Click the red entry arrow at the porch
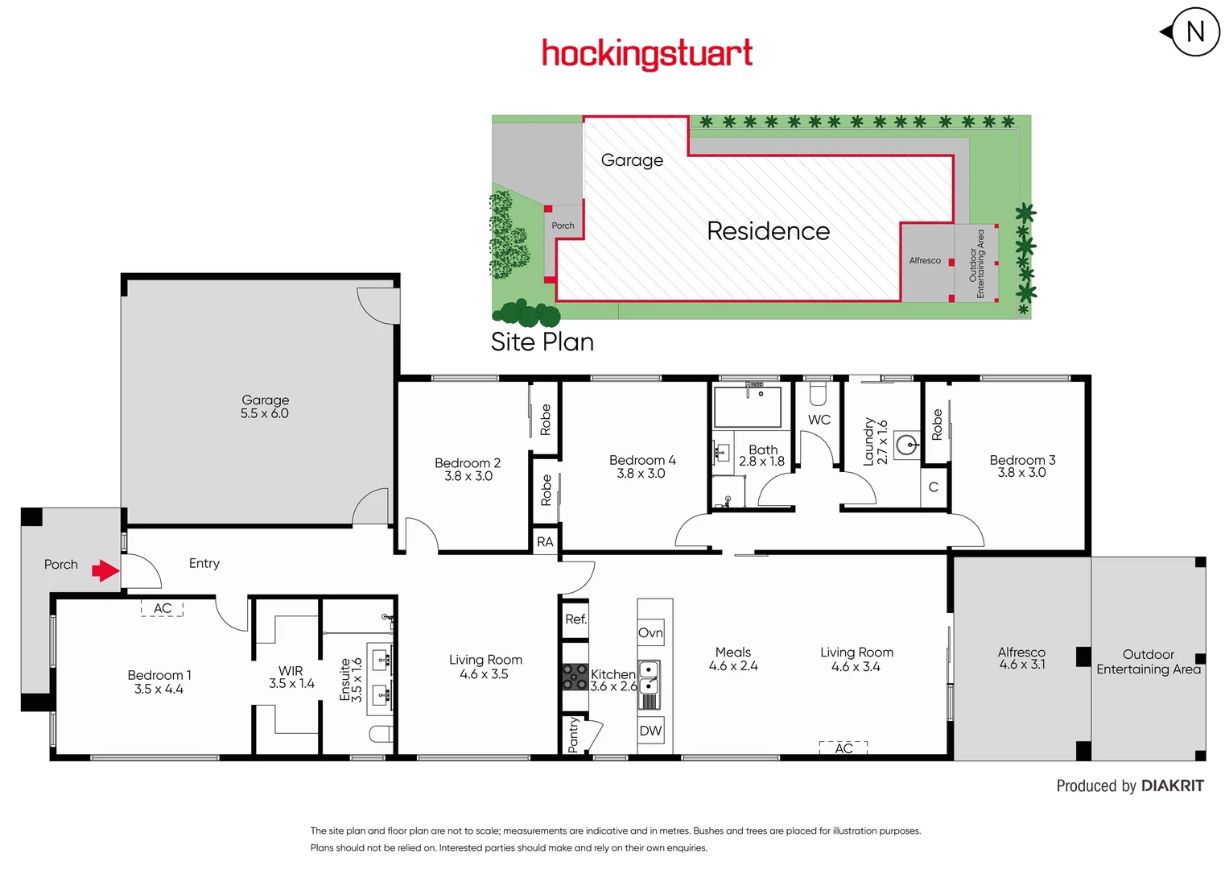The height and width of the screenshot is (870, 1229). pyautogui.click(x=105, y=571)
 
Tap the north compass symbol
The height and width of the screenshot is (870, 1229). pyautogui.click(x=1194, y=32)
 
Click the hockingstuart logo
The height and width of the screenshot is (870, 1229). pyautogui.click(x=647, y=54)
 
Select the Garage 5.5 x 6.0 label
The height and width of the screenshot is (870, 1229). pyautogui.click(x=265, y=407)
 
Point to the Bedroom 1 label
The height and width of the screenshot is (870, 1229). pyautogui.click(x=159, y=681)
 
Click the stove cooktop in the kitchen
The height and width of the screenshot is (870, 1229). pyautogui.click(x=575, y=677)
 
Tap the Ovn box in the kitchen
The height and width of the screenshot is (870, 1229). pyautogui.click(x=650, y=633)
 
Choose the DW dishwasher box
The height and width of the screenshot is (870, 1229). pyautogui.click(x=650, y=731)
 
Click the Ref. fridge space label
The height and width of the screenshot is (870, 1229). pyautogui.click(x=575, y=619)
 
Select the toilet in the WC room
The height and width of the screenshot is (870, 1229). pyautogui.click(x=818, y=394)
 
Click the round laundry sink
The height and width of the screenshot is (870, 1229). pyautogui.click(x=907, y=444)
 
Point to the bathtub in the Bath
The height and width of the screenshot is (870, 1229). pyautogui.click(x=748, y=407)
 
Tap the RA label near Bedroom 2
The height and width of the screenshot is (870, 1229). pyautogui.click(x=545, y=541)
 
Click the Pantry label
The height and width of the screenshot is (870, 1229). pyautogui.click(x=573, y=735)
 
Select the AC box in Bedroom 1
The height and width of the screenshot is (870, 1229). pyautogui.click(x=163, y=608)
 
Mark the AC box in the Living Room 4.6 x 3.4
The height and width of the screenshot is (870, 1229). pyautogui.click(x=843, y=748)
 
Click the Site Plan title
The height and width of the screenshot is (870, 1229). pyautogui.click(x=542, y=342)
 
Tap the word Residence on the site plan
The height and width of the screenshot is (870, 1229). pyautogui.click(x=768, y=231)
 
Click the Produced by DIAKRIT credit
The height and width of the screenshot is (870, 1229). pyautogui.click(x=1129, y=786)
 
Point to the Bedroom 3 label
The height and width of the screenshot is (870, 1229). pyautogui.click(x=1022, y=466)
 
